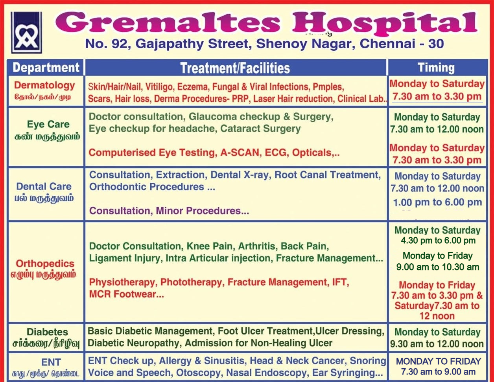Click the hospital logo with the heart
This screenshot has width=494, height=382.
(27, 33)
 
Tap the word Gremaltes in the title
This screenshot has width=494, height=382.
(168, 22)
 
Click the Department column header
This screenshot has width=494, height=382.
(46, 68)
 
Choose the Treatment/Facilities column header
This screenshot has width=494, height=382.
(235, 68)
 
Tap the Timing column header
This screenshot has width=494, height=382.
(436, 68)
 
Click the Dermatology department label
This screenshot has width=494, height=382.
(44, 85)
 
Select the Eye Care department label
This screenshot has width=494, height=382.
(48, 124)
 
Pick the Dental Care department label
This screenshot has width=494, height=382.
(44, 186)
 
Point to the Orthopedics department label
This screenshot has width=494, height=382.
(45, 264)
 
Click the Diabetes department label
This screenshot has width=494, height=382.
(47, 332)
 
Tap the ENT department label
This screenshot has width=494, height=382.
(51, 362)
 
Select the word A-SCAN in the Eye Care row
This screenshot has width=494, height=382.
(240, 152)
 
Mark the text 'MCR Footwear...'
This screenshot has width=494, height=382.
(126, 294)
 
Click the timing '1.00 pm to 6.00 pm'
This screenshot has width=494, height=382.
(438, 202)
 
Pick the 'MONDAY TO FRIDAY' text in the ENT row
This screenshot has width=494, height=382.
(439, 361)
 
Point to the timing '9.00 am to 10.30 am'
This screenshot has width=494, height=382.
(438, 267)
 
